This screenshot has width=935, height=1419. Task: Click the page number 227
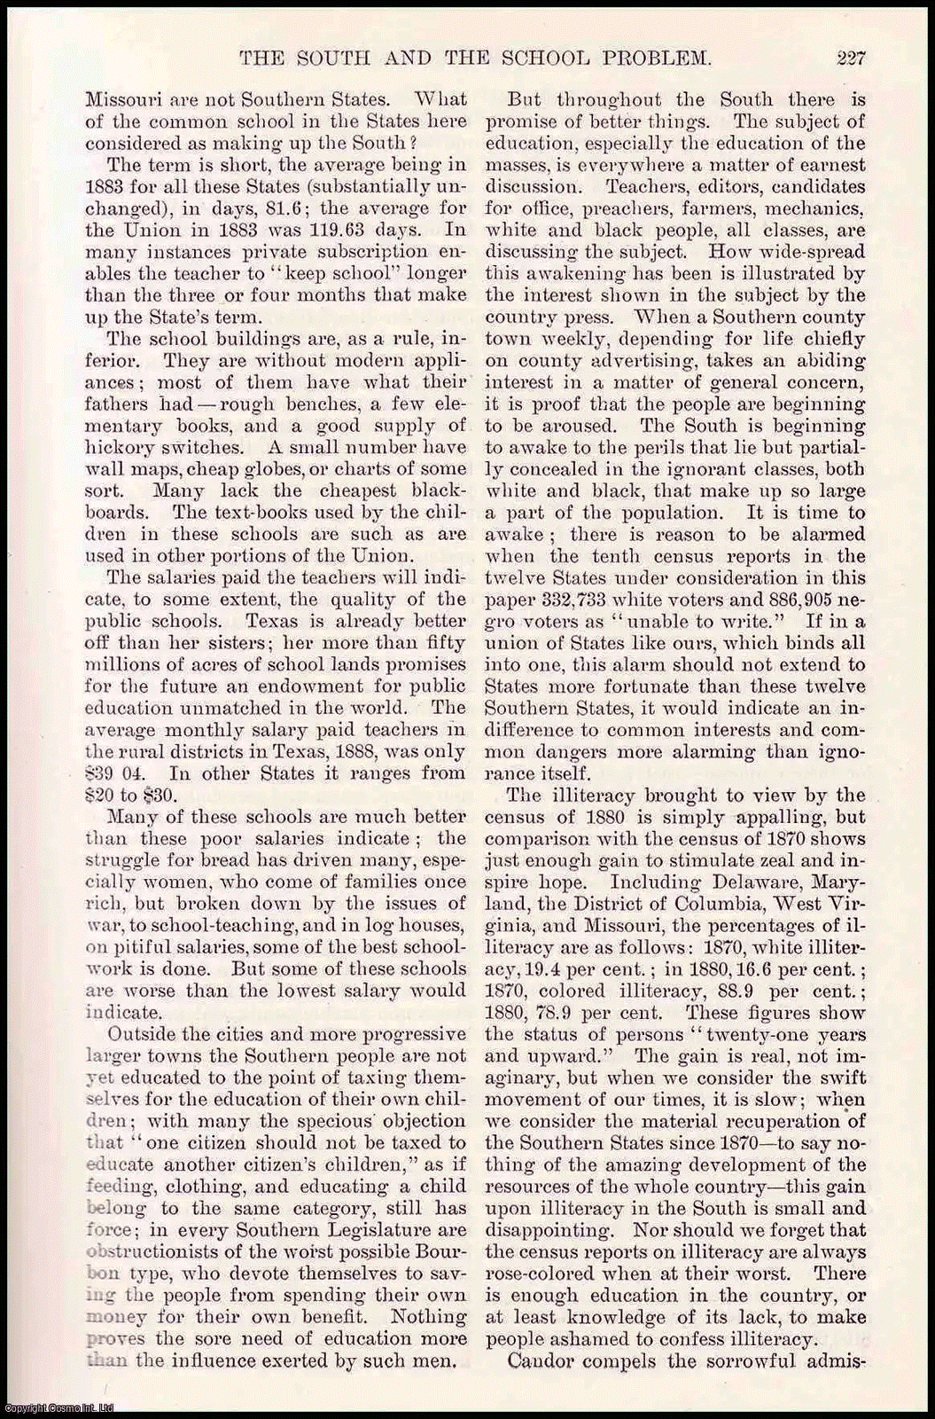tap(850, 59)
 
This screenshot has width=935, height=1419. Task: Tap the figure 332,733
tap(566, 600)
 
